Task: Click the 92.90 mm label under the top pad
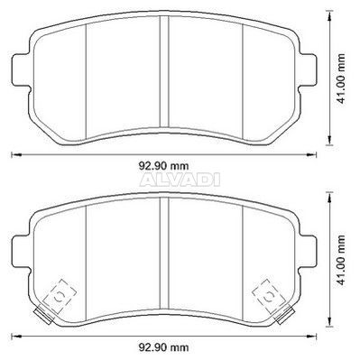pyautogui.click(x=163, y=165)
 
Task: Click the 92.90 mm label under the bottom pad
pyautogui.click(x=163, y=347)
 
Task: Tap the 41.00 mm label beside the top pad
pyautogui.click(x=341, y=78)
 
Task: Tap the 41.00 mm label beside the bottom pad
pyautogui.click(x=341, y=260)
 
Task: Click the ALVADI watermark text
pyautogui.click(x=180, y=180)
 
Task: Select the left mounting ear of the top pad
pyautogui.click(x=21, y=69)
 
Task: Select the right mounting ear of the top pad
pyautogui.click(x=308, y=69)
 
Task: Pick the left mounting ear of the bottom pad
pyautogui.click(x=21, y=251)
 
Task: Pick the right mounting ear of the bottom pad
pyautogui.click(x=308, y=251)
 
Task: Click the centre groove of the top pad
pyautogui.click(x=164, y=71)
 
